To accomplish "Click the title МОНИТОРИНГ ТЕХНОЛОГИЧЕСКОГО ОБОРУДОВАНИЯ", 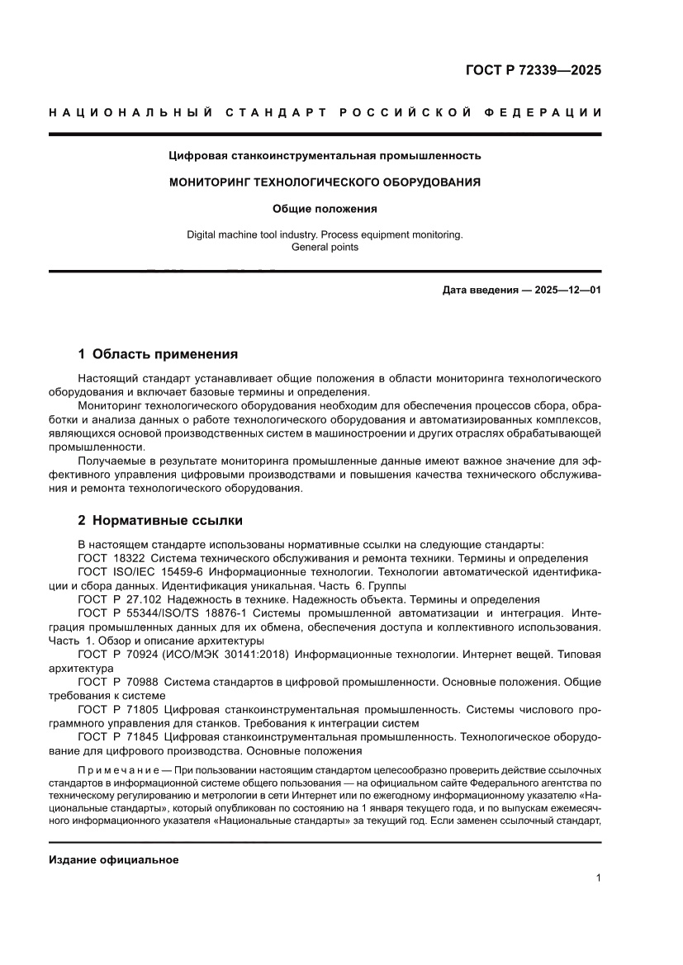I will pos(325,182).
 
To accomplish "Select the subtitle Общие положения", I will pos(325,209).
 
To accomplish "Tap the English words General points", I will pos(325,247).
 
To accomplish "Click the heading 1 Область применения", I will pos(158,354).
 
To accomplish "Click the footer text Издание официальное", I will pos(114,860).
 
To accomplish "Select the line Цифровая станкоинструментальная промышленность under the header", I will pos(325,155).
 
